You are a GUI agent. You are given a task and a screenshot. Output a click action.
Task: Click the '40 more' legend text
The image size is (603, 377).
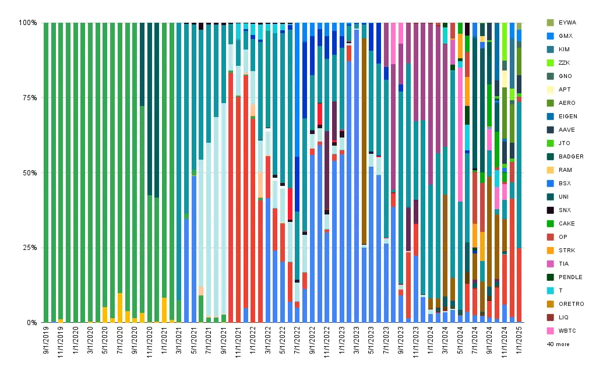pos(558,344)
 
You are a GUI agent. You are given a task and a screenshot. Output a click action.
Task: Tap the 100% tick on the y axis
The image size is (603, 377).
pos(28,23)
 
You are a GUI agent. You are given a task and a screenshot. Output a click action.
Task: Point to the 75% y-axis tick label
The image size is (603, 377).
pos(29,98)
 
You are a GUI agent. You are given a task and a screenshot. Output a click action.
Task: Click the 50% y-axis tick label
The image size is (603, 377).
pos(29,172)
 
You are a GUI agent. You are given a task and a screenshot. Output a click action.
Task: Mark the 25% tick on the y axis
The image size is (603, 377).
pos(29,248)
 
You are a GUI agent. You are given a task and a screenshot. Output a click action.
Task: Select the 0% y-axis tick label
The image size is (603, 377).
pos(31,323)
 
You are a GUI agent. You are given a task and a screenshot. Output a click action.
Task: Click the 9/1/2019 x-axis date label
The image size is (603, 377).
pos(46,340)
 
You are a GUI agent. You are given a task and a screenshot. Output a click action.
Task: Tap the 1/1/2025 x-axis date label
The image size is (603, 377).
pos(519,340)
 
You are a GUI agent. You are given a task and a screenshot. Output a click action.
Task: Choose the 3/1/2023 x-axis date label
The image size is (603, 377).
pos(357,340)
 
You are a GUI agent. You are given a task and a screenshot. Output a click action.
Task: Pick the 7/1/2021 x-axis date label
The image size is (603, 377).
pos(209,340)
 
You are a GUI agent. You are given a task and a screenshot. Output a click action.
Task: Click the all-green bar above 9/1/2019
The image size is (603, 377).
pos(46,172)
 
